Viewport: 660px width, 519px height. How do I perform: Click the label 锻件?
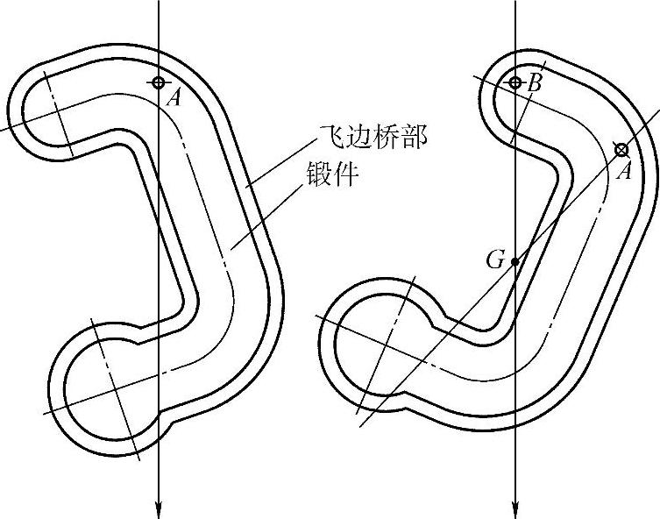pyautogui.click(x=331, y=173)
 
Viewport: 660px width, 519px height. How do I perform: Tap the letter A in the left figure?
pyautogui.click(x=174, y=97)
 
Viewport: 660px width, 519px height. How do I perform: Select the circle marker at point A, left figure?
pyautogui.click(x=158, y=82)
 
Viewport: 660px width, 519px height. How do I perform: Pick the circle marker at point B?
pyautogui.click(x=515, y=82)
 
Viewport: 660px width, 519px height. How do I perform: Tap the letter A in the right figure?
pyautogui.click(x=624, y=171)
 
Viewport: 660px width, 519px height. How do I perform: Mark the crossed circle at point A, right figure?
pyautogui.click(x=621, y=150)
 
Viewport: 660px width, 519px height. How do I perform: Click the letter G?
pyautogui.click(x=495, y=259)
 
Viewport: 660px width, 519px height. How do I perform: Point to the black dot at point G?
pyautogui.click(x=515, y=261)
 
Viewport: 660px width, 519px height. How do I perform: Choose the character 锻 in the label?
pyautogui.click(x=317, y=173)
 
